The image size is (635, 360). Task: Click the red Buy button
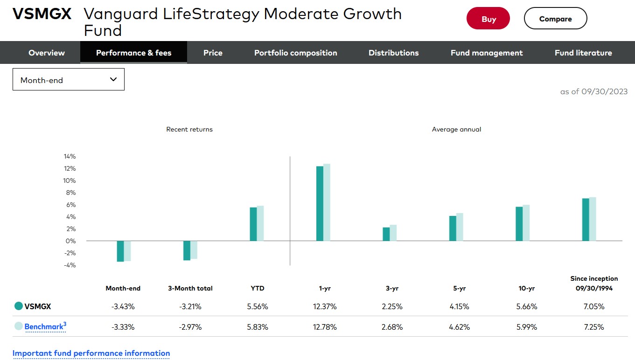click(x=488, y=19)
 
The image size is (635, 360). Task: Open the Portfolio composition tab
click(x=295, y=53)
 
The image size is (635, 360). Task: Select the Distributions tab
click(x=393, y=53)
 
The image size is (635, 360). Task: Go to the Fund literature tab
click(x=583, y=53)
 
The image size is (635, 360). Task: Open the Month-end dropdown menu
click(x=69, y=80)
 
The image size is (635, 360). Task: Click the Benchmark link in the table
click(x=44, y=326)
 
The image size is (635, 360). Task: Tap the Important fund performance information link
click(x=91, y=353)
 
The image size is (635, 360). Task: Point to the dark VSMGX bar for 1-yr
click(x=320, y=203)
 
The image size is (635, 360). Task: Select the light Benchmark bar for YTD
click(x=260, y=223)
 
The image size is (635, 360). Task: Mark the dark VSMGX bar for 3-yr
click(x=386, y=234)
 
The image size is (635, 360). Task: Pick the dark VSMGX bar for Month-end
click(x=120, y=251)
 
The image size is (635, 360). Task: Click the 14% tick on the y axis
click(x=70, y=156)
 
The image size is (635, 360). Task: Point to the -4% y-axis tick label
click(x=70, y=265)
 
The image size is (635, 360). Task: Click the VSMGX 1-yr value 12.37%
click(x=325, y=307)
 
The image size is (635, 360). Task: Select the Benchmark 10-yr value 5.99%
click(x=526, y=327)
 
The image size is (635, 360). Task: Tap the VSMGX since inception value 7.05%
click(x=593, y=307)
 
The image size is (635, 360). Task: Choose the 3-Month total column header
click(x=190, y=289)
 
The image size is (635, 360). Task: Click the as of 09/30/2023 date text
click(x=593, y=91)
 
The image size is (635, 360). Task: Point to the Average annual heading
click(x=456, y=129)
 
